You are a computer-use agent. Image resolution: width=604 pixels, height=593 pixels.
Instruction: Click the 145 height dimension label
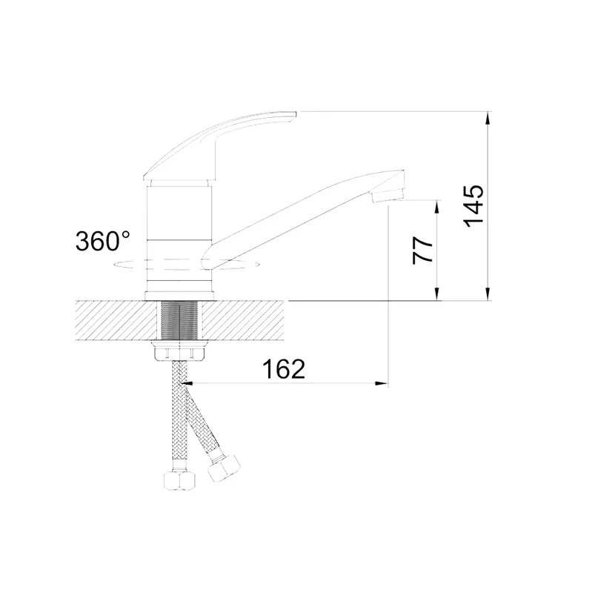[474, 206]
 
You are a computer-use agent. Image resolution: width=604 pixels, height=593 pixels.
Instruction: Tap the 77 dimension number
[423, 250]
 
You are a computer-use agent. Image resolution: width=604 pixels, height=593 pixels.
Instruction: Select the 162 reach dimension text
[284, 368]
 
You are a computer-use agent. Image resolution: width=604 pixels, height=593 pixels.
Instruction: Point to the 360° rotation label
[102, 241]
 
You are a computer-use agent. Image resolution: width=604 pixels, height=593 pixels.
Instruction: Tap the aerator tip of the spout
[387, 195]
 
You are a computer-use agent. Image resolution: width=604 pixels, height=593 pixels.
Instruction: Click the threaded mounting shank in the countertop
[179, 320]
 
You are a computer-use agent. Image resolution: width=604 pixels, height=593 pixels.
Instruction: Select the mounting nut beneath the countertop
[179, 351]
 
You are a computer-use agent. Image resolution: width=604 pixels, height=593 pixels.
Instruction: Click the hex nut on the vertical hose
[179, 480]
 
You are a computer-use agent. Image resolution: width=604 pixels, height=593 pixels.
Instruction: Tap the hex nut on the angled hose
[223, 468]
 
